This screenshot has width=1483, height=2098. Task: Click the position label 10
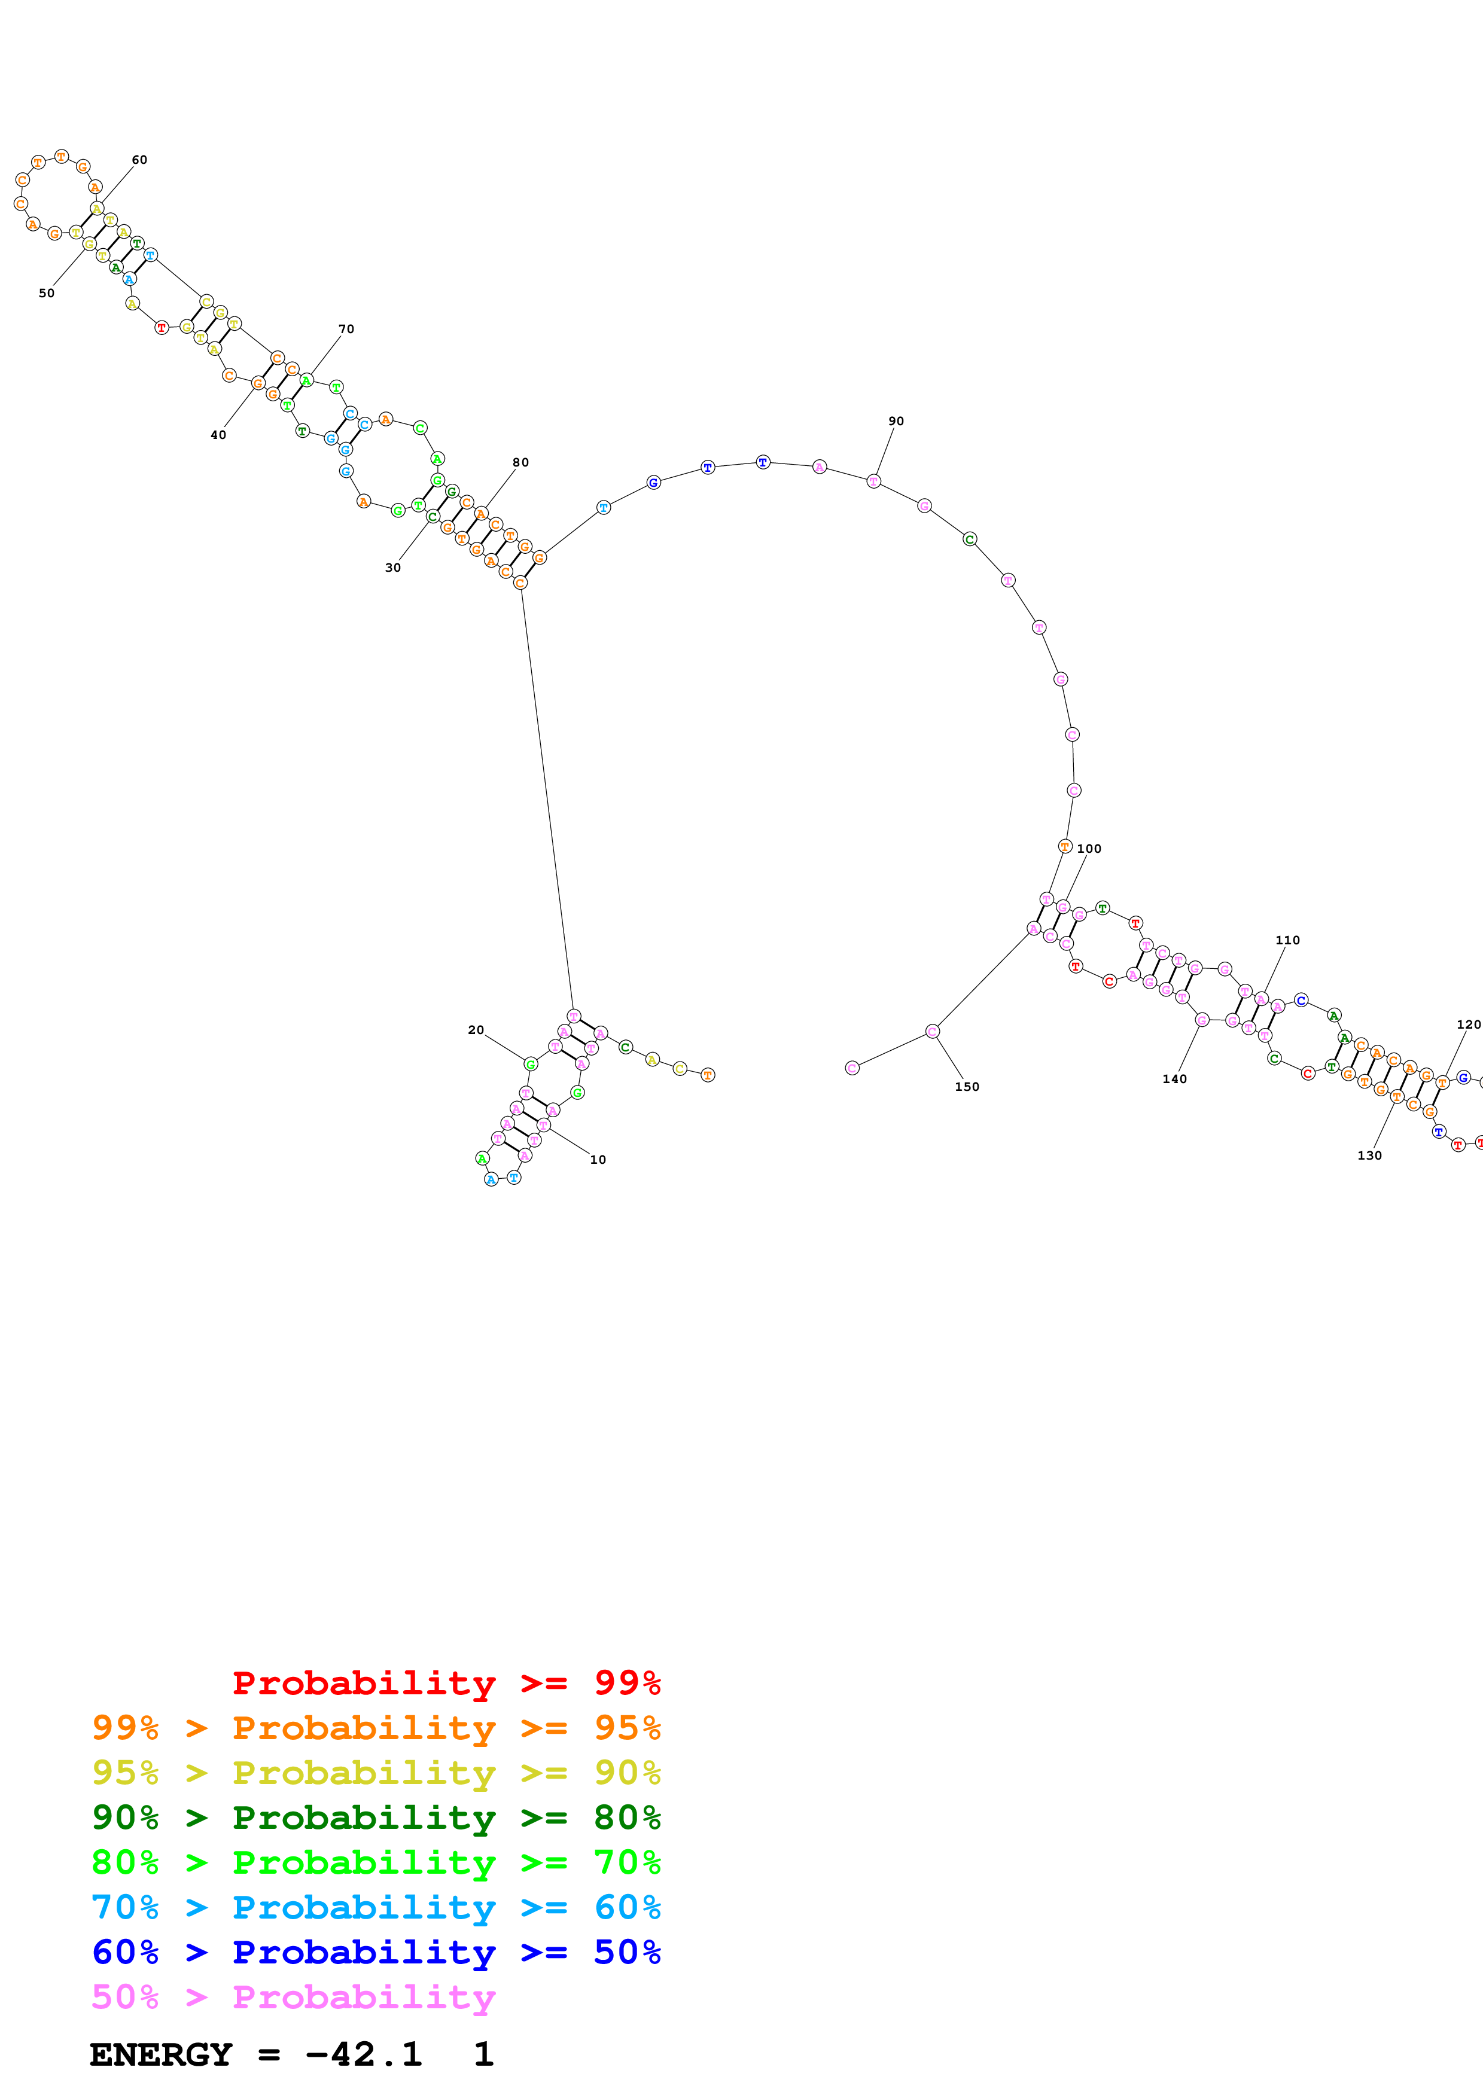[x=598, y=1160]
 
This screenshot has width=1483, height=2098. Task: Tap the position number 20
[x=476, y=1030]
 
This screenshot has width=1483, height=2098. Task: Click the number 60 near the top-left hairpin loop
[x=139, y=160]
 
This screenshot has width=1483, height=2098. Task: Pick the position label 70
[x=346, y=329]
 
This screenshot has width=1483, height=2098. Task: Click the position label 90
[x=896, y=421]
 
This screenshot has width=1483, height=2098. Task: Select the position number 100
[x=1089, y=849]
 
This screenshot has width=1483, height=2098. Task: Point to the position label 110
[x=1287, y=940]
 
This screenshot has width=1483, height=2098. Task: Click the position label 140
[x=1175, y=1079]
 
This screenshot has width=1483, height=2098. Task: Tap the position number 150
[x=967, y=1087]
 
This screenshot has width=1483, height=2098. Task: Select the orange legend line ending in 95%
[x=376, y=1728]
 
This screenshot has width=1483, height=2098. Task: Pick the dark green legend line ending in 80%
[x=376, y=1818]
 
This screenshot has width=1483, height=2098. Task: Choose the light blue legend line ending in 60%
[x=376, y=1907]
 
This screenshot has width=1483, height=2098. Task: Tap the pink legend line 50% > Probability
[x=293, y=1996]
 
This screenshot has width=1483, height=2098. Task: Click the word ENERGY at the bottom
[x=161, y=2054]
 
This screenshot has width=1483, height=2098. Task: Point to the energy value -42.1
[x=364, y=2054]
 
